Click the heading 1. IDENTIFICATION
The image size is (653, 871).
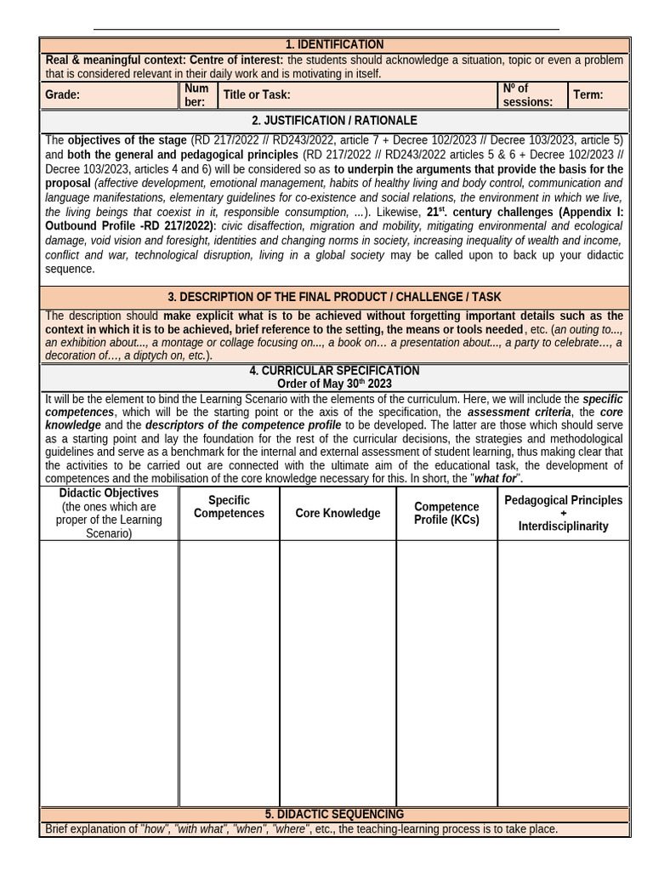(334, 44)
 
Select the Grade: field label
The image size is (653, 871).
(63, 95)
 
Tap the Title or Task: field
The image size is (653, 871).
(257, 95)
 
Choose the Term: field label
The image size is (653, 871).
(588, 95)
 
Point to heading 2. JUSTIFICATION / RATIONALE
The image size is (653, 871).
(334, 121)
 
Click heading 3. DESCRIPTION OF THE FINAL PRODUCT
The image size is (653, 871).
(334, 297)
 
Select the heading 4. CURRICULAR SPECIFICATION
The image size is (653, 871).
(334, 371)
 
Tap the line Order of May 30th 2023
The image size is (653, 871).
(334, 384)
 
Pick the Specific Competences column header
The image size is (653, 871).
(229, 507)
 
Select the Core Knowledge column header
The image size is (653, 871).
(338, 513)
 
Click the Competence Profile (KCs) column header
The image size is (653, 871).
(446, 513)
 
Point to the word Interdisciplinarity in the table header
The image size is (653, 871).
(563, 527)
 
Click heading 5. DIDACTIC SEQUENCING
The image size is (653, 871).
(334, 814)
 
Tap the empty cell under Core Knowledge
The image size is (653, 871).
(338, 672)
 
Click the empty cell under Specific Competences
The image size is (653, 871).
(229, 672)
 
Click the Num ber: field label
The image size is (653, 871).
(196, 95)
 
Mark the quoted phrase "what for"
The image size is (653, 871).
(496, 479)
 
